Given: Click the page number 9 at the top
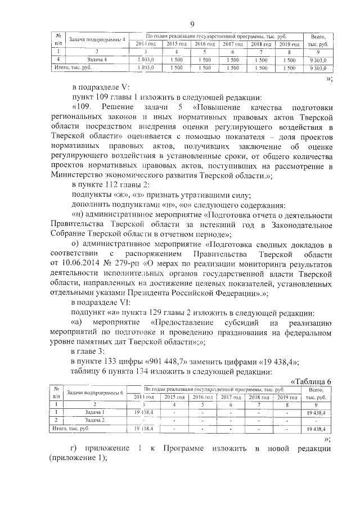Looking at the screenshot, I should (192, 24).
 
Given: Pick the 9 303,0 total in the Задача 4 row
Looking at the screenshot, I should (317, 59).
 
